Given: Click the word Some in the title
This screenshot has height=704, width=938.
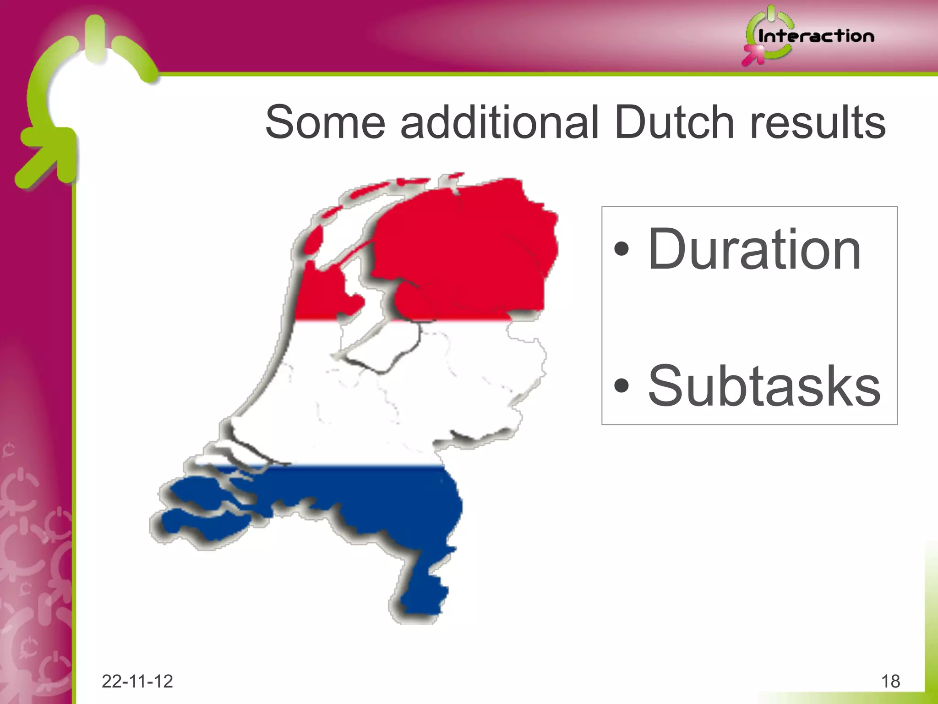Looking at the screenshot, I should tap(325, 122).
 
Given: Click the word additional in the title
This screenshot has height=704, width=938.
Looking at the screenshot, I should tap(500, 122).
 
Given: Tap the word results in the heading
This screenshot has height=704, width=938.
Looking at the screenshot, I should tap(818, 122).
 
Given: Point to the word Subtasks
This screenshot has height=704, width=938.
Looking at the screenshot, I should tap(764, 385).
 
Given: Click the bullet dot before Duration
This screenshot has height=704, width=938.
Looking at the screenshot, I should tap(622, 249).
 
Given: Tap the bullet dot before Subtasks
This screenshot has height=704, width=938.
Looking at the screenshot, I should tap(622, 385).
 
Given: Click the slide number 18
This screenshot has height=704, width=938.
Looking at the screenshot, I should tap(890, 682).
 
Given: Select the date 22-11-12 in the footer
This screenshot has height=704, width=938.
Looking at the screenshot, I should tap(137, 682).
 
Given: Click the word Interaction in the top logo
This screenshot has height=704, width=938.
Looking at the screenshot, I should tap(816, 36).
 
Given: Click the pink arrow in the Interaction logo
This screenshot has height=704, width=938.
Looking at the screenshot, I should tap(753, 55).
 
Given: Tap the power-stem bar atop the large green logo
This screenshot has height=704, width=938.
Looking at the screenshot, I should tap(95, 37).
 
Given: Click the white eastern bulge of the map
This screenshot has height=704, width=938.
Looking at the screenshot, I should tap(513, 367).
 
